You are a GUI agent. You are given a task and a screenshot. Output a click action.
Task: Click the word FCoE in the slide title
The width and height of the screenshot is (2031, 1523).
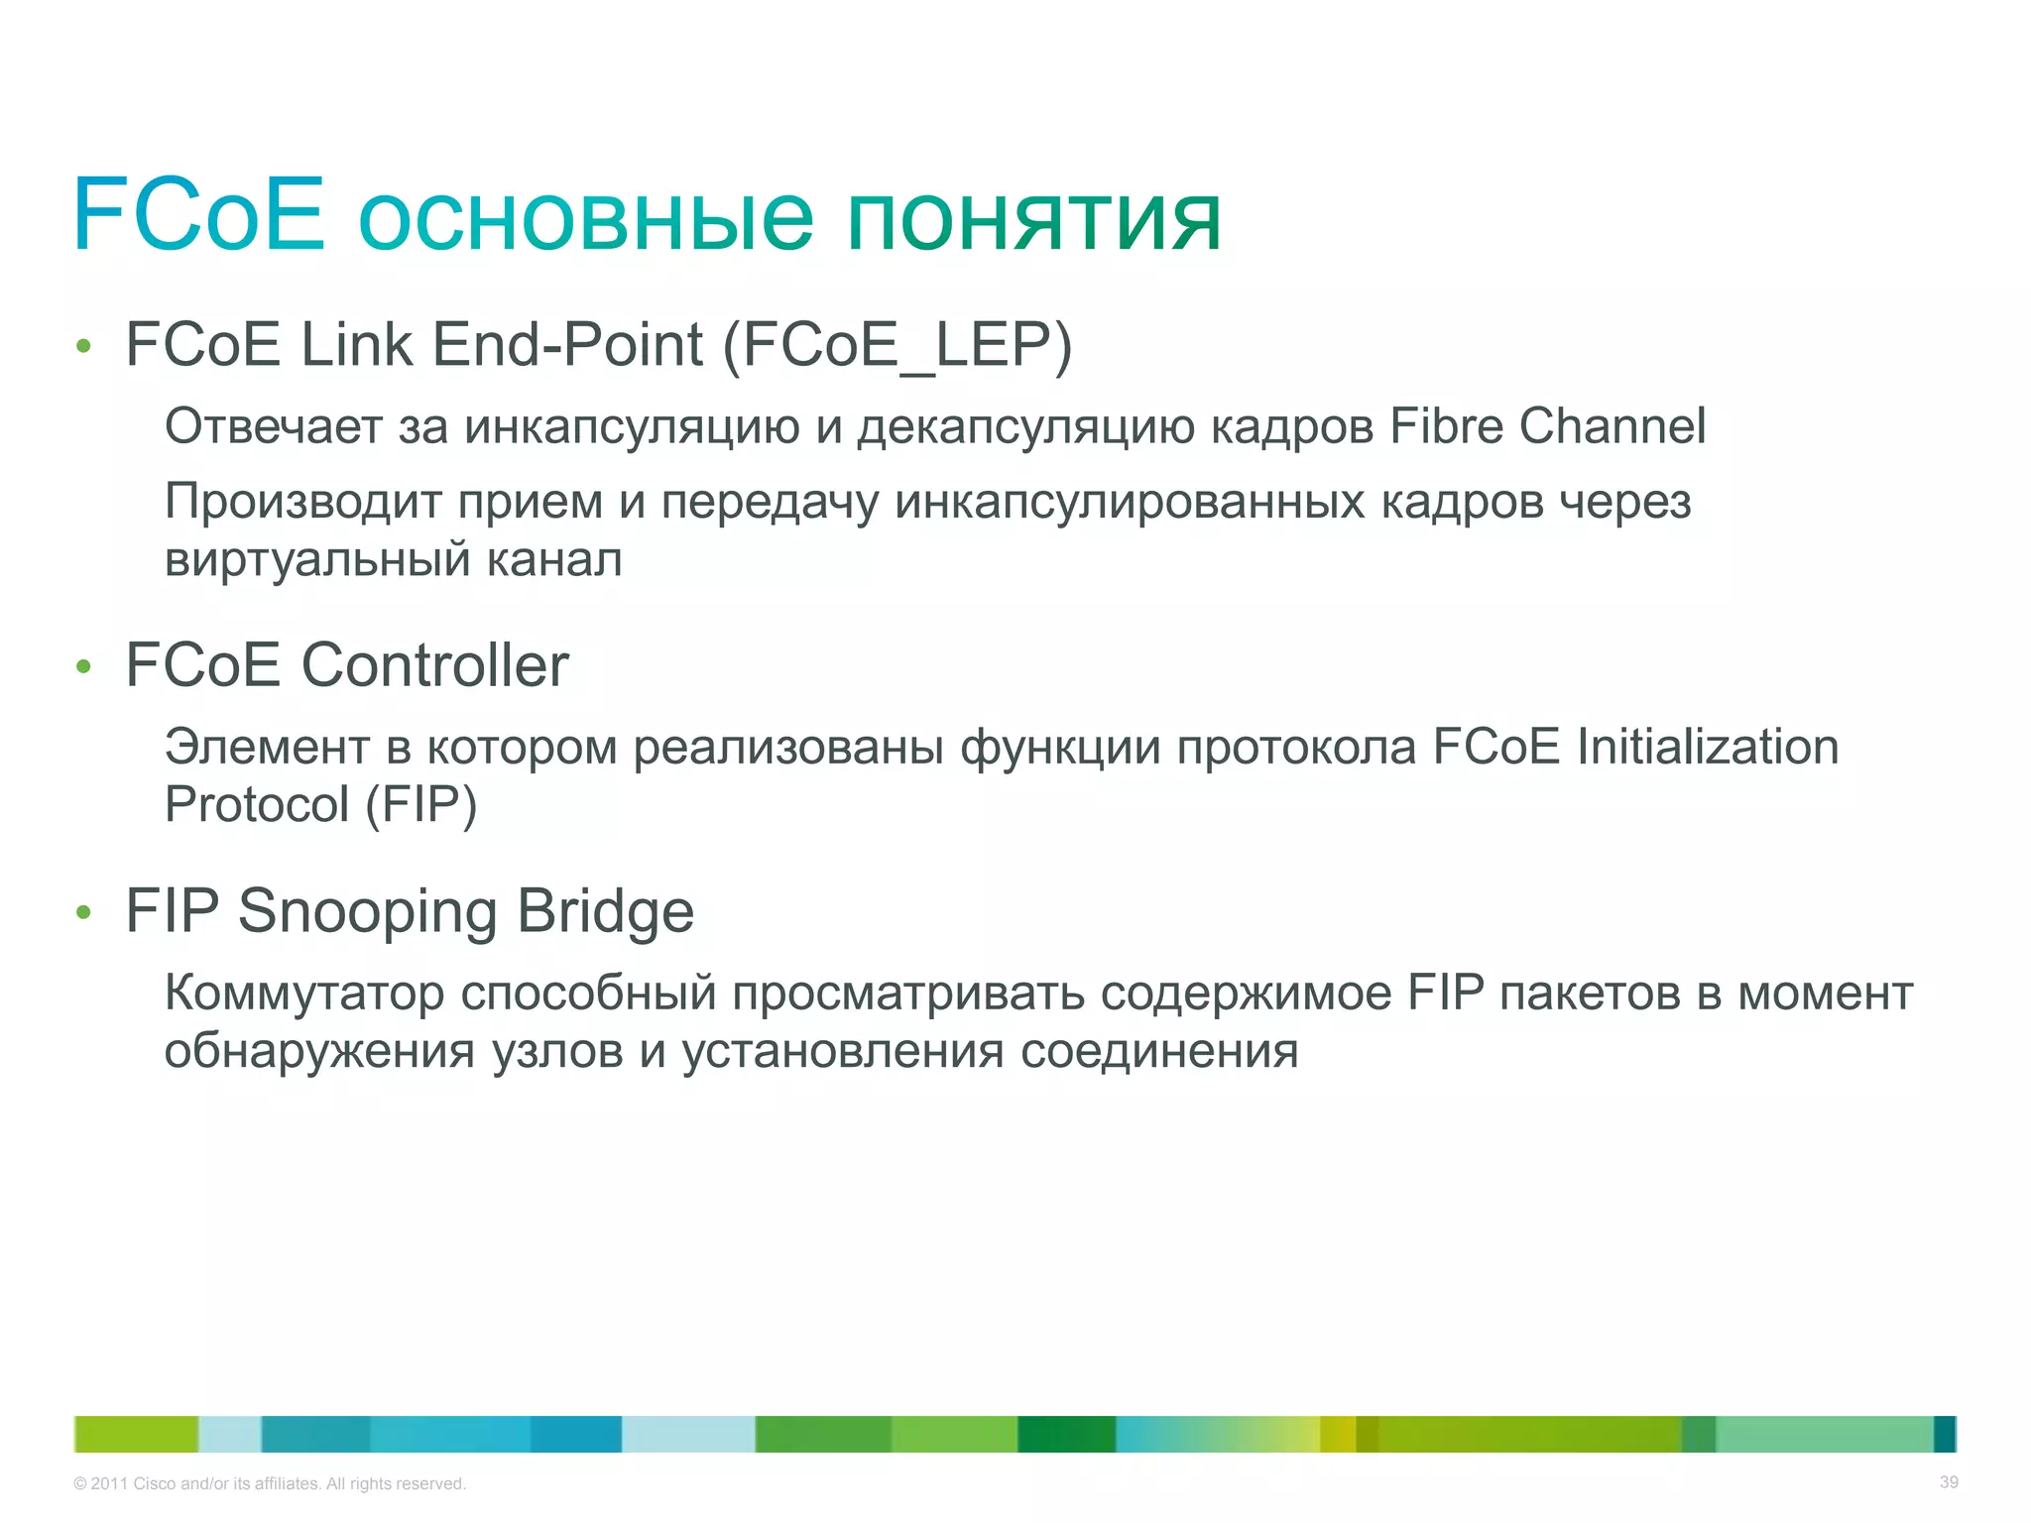click(x=198, y=214)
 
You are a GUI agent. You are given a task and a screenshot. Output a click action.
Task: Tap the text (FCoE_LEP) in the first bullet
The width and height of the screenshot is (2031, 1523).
click(x=897, y=346)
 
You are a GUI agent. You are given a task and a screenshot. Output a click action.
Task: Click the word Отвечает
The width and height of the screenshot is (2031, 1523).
click(x=273, y=426)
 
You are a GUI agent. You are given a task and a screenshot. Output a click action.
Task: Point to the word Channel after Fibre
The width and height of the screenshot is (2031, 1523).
click(x=1613, y=426)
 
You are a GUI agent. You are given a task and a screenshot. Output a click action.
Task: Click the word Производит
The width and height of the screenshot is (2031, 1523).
click(x=302, y=502)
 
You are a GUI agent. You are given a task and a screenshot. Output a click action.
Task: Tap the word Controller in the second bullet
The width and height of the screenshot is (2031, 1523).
click(x=434, y=665)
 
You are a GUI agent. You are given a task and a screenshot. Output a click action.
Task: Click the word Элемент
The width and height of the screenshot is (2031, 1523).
click(x=267, y=747)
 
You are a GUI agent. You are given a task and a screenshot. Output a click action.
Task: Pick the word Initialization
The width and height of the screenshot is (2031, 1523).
click(x=1707, y=747)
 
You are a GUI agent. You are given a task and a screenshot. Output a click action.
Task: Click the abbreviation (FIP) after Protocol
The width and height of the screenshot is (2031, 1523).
click(x=421, y=804)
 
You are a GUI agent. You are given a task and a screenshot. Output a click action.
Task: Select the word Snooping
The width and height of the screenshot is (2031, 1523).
click(x=367, y=911)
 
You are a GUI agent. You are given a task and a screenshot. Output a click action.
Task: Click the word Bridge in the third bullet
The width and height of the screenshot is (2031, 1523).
click(x=605, y=911)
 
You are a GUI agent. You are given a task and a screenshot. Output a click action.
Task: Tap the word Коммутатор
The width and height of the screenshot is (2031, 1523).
click(x=304, y=994)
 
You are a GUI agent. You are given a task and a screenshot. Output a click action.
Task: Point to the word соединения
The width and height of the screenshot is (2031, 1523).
click(x=1159, y=1051)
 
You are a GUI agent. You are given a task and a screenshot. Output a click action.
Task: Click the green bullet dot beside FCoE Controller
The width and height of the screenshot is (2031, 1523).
click(x=84, y=667)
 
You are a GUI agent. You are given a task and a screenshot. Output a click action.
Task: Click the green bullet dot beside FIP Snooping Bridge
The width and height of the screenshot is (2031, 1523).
click(x=84, y=912)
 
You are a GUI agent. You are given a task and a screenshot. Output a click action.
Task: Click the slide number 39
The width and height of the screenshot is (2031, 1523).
click(x=1949, y=1482)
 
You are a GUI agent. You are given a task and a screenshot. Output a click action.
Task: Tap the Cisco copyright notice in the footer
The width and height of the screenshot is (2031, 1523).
click(x=270, y=1483)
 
